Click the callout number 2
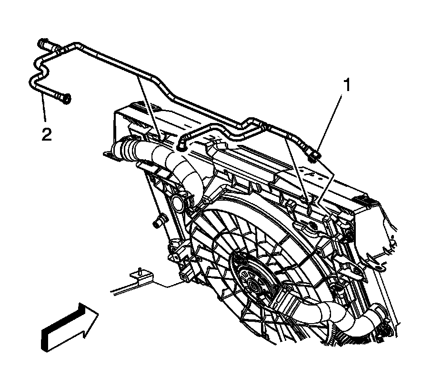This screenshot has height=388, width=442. point(46,135)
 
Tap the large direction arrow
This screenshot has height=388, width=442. point(70,327)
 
